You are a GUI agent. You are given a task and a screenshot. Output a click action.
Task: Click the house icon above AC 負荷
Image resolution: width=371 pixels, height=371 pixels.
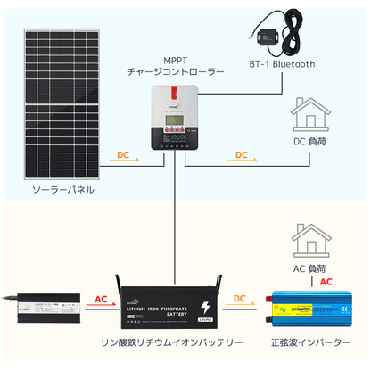point(310,242)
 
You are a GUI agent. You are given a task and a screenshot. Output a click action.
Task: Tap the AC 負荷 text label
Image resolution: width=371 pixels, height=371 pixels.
point(310,268)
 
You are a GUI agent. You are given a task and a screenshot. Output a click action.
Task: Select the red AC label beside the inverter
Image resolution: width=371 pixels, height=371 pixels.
point(326,282)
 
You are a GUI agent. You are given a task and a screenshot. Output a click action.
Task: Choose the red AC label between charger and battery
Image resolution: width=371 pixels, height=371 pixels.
point(102,301)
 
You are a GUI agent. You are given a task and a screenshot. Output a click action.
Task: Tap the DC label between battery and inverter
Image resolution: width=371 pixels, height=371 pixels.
point(242,301)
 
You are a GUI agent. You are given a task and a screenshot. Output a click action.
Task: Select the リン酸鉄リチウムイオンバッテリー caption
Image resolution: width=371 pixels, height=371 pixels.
point(171,342)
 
